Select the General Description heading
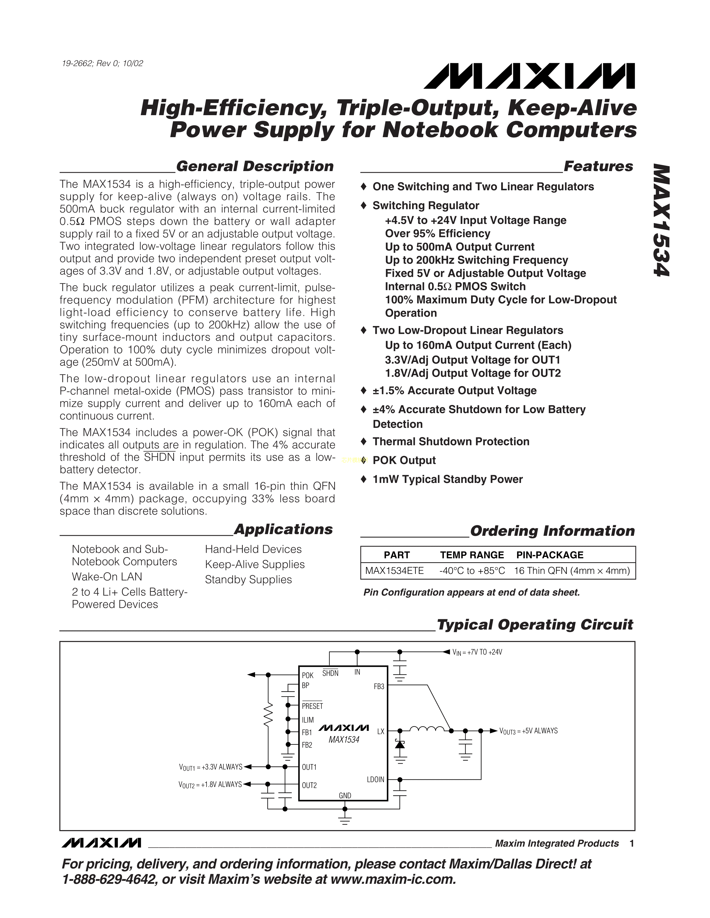[254, 166]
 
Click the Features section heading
[598, 166]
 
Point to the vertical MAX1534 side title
[661, 220]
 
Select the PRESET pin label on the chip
[312, 706]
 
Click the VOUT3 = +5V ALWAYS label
[528, 731]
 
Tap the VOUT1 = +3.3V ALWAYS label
[210, 767]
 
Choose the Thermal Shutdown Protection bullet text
[451, 441]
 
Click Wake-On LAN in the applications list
[107, 577]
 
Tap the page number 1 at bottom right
[631, 844]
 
